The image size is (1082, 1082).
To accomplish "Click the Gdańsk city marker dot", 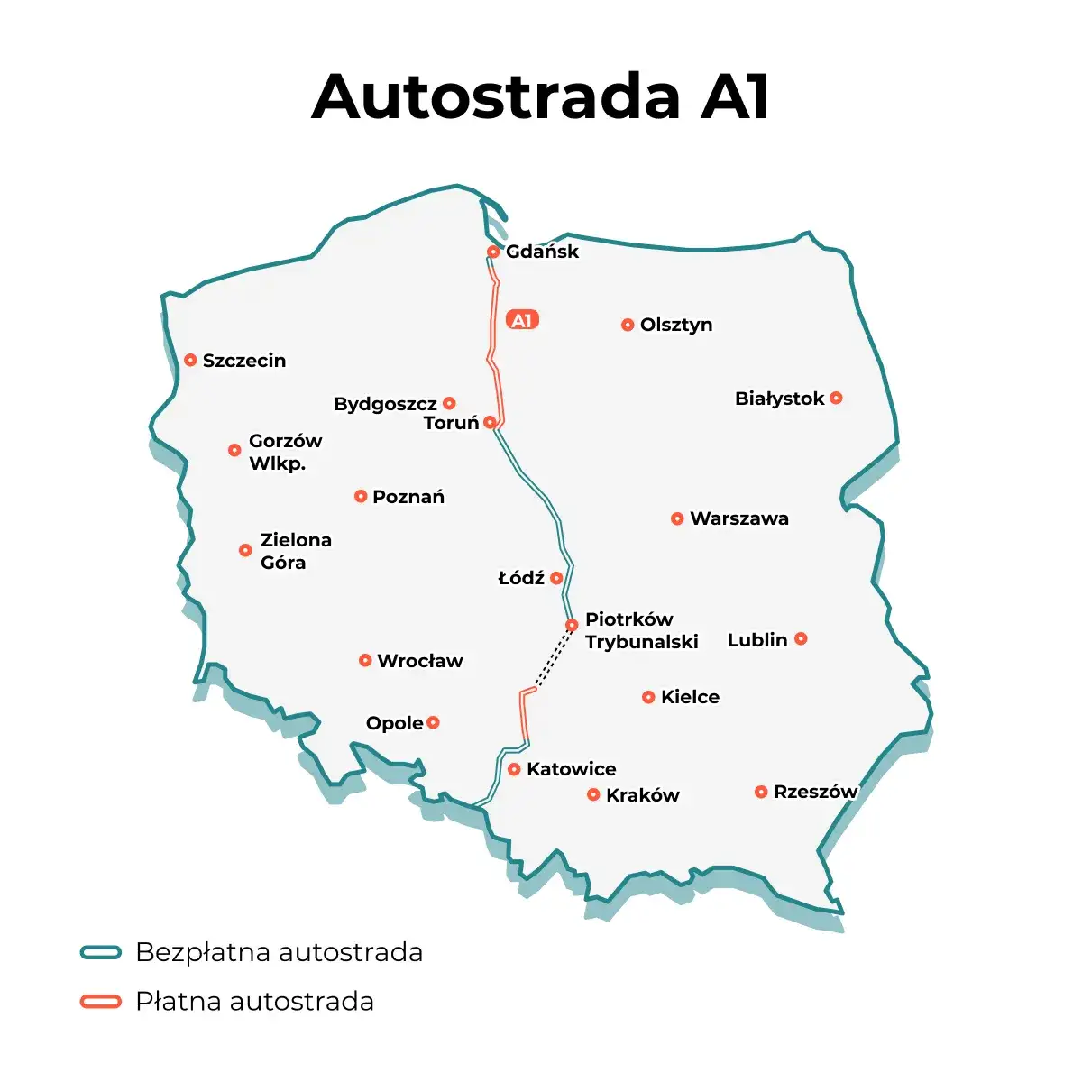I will [x=493, y=252].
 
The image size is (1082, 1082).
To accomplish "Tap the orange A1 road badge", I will [x=523, y=320].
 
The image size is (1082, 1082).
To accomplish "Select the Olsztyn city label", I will [x=676, y=325].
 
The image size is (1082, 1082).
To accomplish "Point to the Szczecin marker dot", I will [x=190, y=360].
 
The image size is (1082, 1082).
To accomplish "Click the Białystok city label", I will [x=780, y=399].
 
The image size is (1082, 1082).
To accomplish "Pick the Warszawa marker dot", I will [x=677, y=518].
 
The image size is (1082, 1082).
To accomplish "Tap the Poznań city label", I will [x=408, y=497].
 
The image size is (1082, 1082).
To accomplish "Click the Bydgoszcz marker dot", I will [x=449, y=403].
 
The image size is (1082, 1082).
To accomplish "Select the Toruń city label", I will [x=452, y=423].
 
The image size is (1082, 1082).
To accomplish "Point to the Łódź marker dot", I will [x=556, y=578].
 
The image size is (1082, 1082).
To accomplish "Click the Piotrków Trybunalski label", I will [x=641, y=630].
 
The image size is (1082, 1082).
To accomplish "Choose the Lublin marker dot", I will [x=801, y=638].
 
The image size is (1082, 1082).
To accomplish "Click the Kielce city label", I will [x=690, y=697].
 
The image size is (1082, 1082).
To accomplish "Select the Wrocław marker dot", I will [x=365, y=660].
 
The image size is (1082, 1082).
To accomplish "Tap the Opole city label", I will [x=395, y=723].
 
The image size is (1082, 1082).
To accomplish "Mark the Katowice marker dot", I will [x=514, y=769].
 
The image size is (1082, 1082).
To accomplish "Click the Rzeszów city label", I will [x=815, y=792].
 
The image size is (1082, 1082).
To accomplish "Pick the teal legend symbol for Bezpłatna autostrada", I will [x=100, y=952].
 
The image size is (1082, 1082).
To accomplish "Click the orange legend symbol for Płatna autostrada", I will [x=100, y=1002].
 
